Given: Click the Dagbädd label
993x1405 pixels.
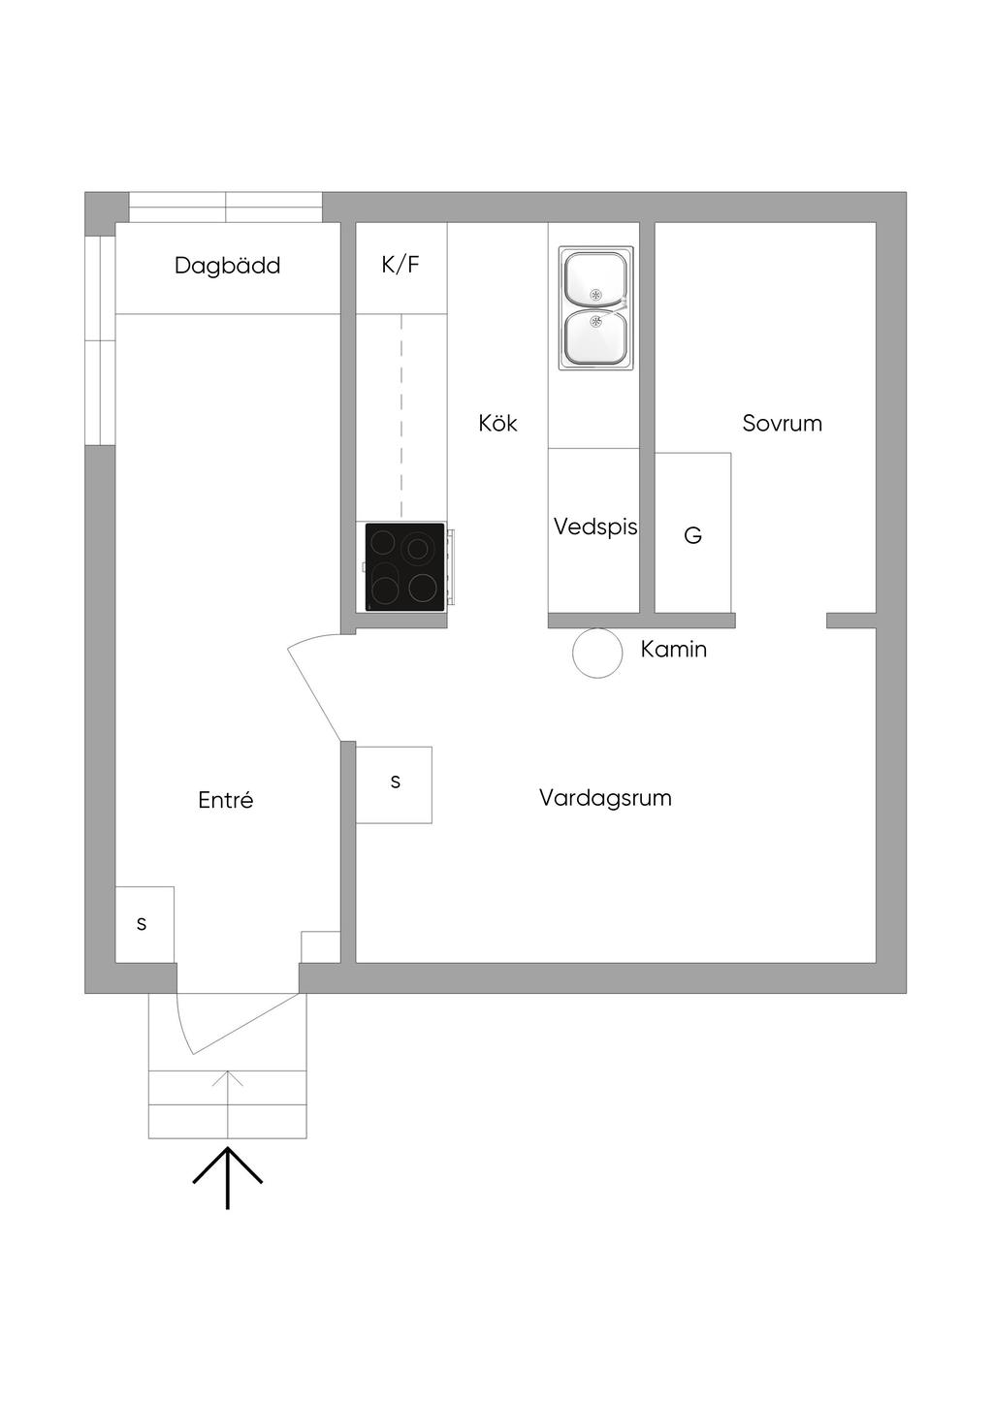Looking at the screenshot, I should [227, 266].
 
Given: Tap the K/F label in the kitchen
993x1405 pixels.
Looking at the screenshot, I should [400, 265].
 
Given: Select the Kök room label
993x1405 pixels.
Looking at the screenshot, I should [497, 424].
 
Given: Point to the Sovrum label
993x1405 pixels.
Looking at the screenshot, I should [782, 424].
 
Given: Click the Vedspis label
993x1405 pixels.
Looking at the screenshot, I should [594, 527].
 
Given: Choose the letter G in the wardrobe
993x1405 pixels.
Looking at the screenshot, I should [692, 535].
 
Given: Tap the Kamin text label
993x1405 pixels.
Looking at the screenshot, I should [673, 650].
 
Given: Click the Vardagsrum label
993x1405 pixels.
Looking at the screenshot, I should [605, 798].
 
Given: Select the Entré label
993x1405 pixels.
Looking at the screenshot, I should [225, 800].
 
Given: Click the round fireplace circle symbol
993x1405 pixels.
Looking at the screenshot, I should [596, 653].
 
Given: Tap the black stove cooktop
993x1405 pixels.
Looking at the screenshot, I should [404, 566].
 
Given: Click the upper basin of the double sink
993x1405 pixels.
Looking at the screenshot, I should [594, 278].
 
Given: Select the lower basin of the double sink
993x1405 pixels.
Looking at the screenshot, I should [594, 336].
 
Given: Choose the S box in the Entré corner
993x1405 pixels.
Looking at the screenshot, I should [144, 924].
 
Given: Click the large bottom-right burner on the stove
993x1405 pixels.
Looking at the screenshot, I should [423, 587].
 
